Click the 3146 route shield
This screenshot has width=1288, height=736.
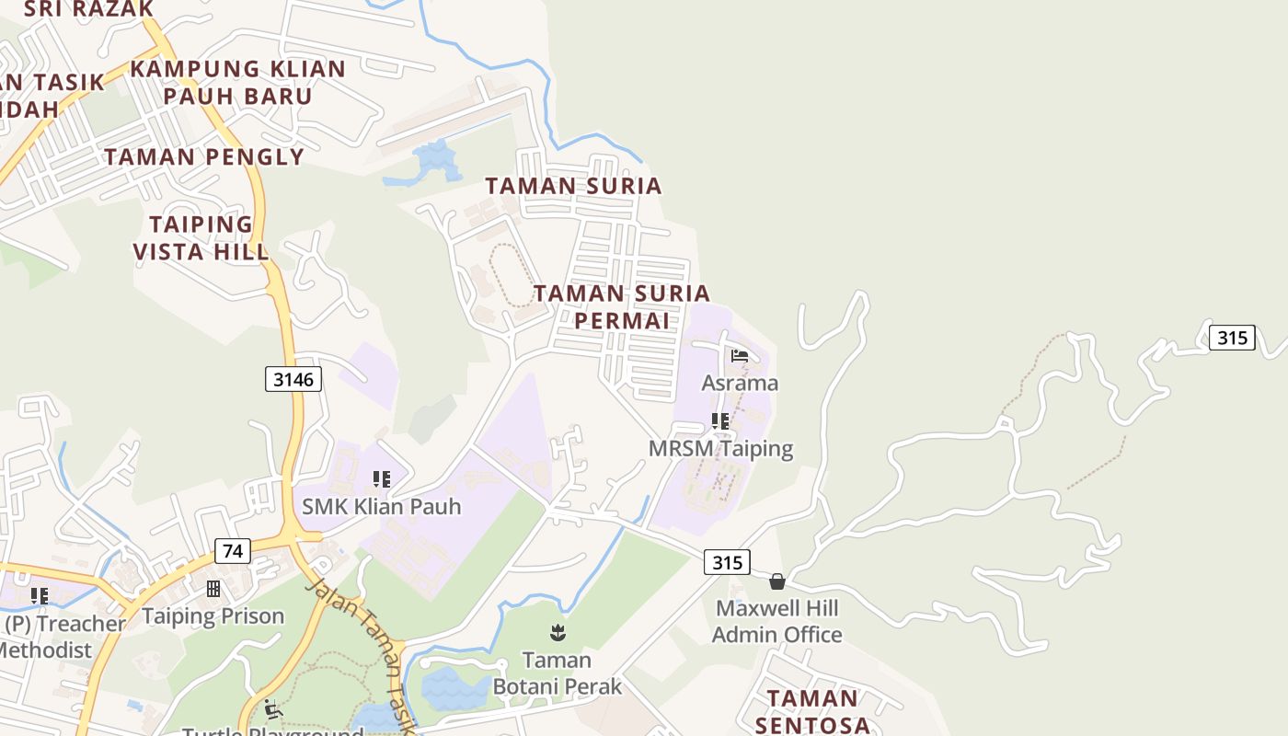coord(293,378)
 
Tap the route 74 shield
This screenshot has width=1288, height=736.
coord(233,551)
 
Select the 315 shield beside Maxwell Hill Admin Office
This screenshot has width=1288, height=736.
coord(727,561)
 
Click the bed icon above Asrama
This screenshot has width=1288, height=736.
coord(740,356)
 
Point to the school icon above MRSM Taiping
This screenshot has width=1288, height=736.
coord(720,421)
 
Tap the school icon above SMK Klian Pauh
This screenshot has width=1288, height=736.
coord(382,479)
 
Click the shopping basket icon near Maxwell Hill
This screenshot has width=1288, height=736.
coord(777,581)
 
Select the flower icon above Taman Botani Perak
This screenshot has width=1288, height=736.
coord(558,632)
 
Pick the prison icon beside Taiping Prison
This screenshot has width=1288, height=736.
coord(213,589)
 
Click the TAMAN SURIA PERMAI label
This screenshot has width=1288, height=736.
coord(622,306)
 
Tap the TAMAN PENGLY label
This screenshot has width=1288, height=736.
coord(203,156)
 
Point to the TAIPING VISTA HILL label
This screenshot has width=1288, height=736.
coord(201,237)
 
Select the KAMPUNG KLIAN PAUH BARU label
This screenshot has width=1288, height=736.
coord(237,82)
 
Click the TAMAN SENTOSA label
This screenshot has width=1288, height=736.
coord(812,711)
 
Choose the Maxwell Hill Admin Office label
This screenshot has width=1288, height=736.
coord(777,621)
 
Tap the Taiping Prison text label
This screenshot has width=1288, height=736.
coord(213,616)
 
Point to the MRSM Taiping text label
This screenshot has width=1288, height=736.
coord(720,449)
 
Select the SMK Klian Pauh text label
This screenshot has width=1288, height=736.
coord(382,506)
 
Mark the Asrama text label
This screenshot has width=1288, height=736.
coord(740,383)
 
